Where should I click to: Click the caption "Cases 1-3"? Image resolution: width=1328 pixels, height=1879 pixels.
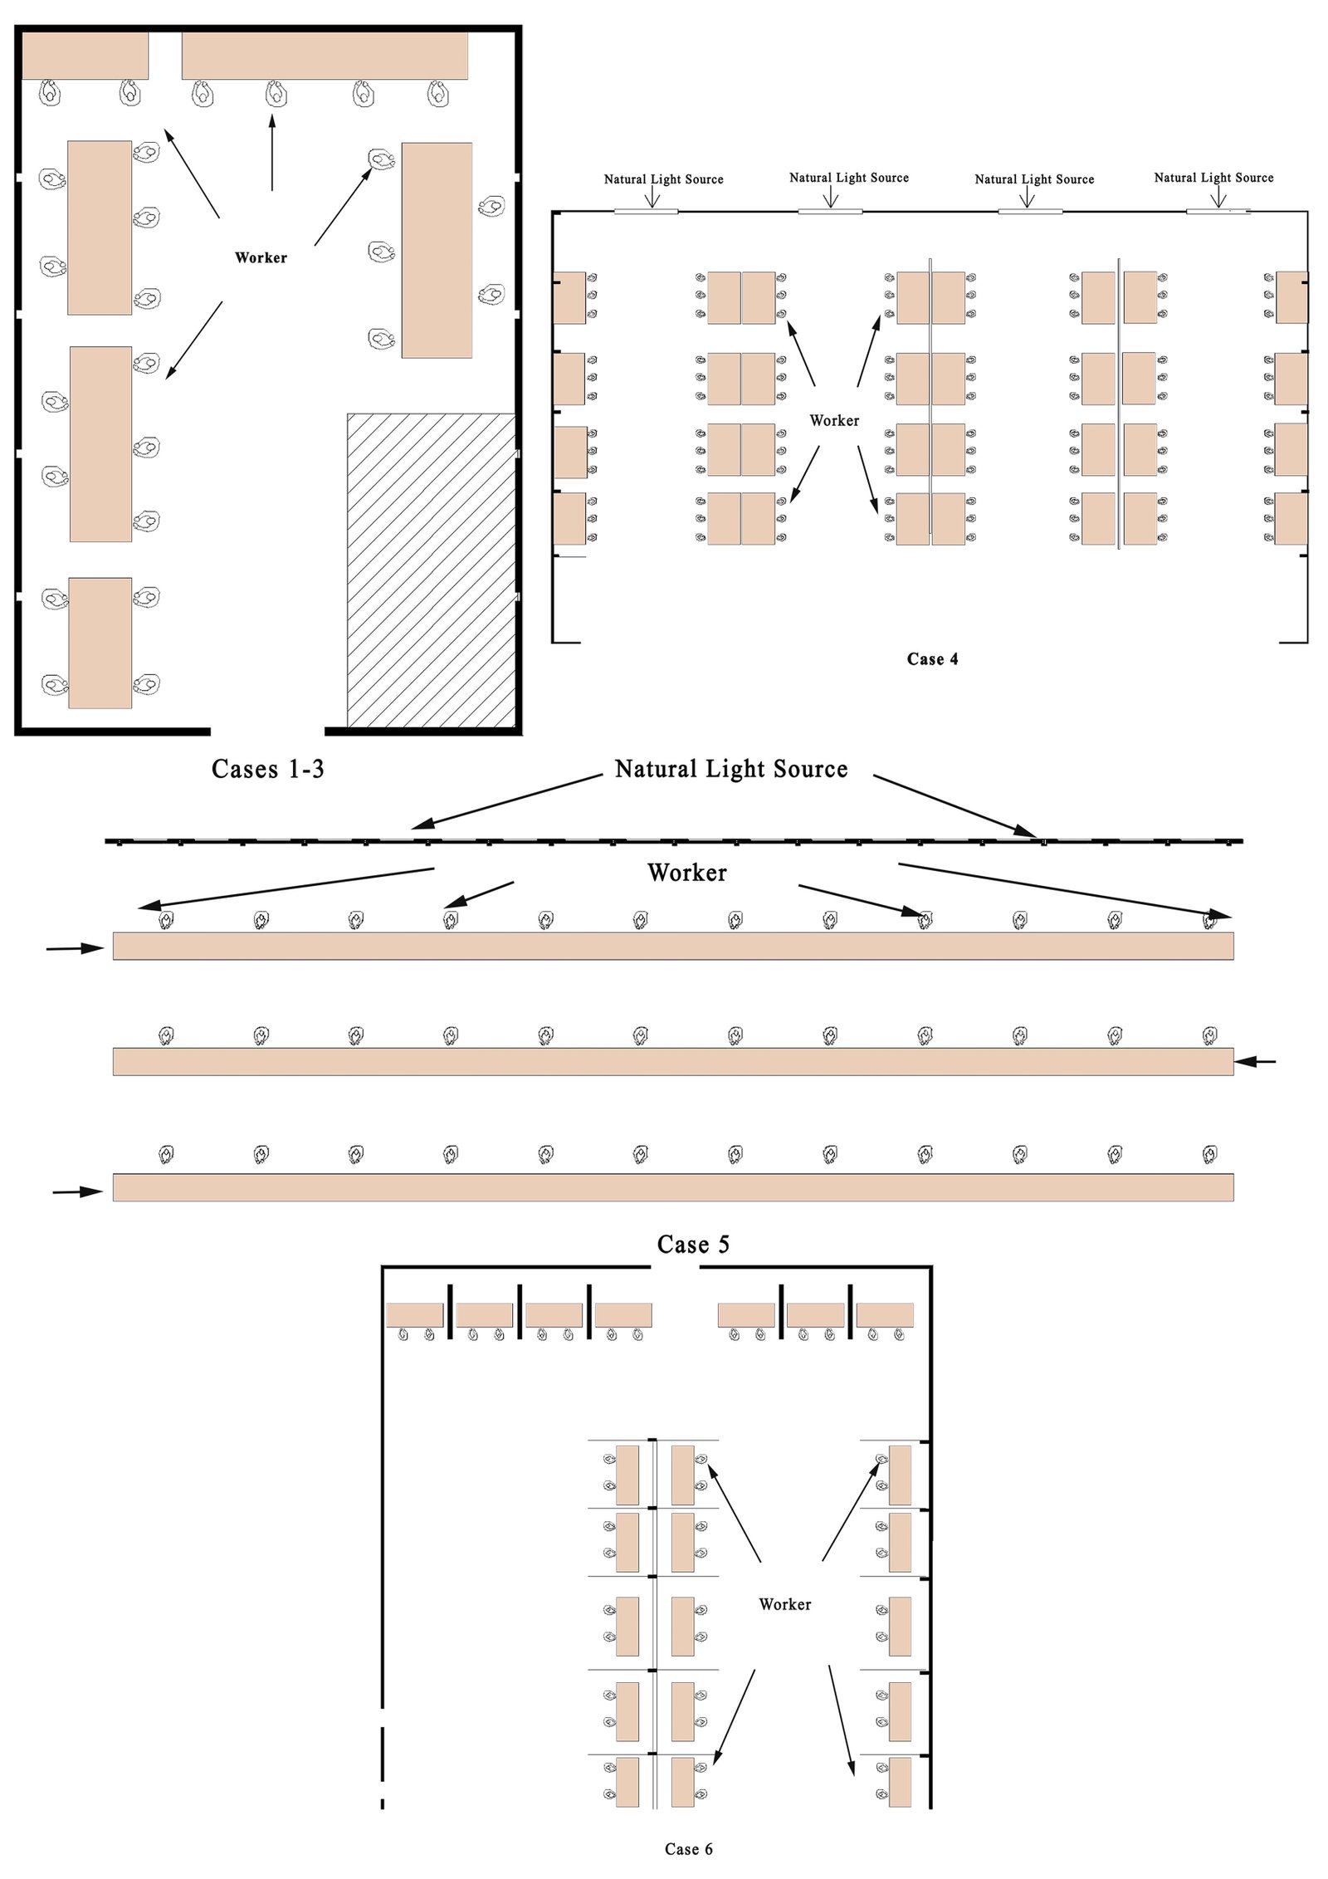[267, 769]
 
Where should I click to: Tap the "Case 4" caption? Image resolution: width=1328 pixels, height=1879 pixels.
[932, 659]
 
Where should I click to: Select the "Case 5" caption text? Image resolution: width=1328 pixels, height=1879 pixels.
[693, 1244]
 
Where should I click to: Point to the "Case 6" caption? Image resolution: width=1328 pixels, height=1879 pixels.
[688, 1849]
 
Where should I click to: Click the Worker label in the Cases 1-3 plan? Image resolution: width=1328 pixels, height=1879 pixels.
[261, 258]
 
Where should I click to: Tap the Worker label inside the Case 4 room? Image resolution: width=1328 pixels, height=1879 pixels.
[834, 421]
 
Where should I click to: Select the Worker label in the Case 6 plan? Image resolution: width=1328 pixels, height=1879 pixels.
[784, 1604]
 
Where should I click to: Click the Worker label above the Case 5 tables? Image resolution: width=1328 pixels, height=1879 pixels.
[686, 873]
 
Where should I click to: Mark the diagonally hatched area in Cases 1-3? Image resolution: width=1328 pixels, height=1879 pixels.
[431, 570]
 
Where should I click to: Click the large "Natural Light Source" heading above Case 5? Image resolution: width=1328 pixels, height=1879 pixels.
[730, 769]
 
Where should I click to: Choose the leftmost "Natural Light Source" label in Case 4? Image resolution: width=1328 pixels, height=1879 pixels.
[663, 179]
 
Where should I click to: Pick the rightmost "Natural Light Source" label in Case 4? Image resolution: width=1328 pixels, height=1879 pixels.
[1213, 178]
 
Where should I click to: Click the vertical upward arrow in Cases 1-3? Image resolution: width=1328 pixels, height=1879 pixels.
[272, 154]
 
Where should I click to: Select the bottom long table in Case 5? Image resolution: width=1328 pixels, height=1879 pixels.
[672, 1187]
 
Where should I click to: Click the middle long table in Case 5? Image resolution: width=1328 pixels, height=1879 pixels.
[672, 1061]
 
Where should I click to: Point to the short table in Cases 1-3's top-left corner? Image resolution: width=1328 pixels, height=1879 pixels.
[85, 56]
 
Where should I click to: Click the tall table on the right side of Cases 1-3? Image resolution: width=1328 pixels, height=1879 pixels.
[437, 250]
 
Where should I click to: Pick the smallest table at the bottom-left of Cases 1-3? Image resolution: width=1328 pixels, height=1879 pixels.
[100, 643]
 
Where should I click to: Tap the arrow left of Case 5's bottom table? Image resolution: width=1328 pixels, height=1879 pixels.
[78, 1192]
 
